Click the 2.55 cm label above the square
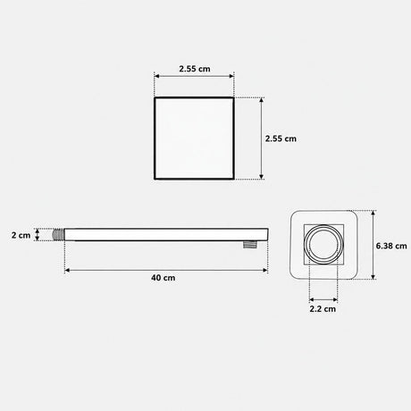tap(195, 69)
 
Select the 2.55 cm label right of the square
tap(281, 138)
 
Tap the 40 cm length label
tap(164, 278)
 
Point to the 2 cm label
tap(21, 235)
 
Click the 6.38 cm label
tap(391, 246)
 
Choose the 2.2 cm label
tap(323, 309)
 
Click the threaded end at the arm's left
tap(58, 235)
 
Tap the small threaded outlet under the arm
tap(248, 245)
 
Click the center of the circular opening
tap(323, 244)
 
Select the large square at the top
tap(194, 138)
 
